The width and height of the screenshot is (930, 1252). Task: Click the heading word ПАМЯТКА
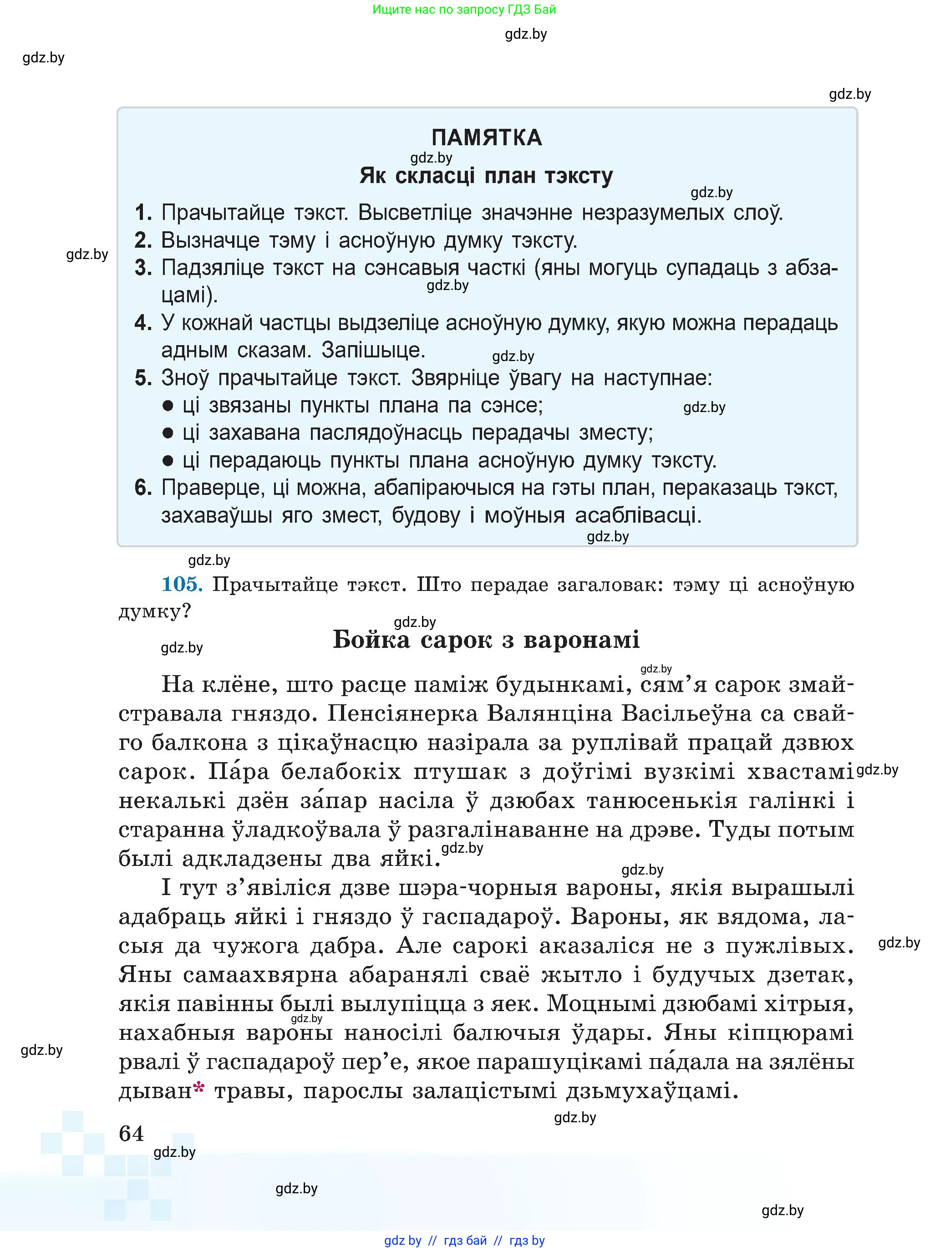coord(486,138)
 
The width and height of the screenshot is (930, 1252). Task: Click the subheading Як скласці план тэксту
coord(486,176)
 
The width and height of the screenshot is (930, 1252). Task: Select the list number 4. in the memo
coord(143,324)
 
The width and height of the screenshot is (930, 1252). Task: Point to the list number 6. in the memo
coord(143,488)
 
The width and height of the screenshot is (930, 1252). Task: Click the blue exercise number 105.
coord(182,584)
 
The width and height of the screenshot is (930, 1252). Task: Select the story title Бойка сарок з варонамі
coord(486,640)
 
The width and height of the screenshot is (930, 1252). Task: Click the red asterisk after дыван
coord(199,1088)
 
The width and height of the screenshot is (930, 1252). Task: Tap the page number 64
coord(131,1133)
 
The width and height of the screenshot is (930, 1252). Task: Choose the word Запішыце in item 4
coord(373,351)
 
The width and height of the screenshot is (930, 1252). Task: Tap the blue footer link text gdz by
coord(402,1241)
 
